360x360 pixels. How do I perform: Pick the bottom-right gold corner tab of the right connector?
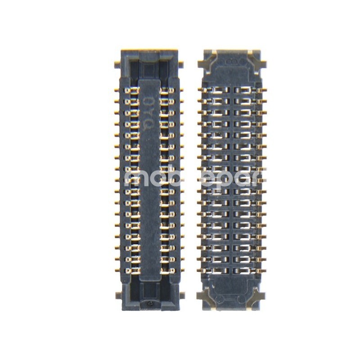point(259,297)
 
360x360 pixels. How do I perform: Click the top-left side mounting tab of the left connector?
point(117,64)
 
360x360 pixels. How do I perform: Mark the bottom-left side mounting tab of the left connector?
point(118,295)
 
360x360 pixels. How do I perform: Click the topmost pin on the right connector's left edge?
point(201,90)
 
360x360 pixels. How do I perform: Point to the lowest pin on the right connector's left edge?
point(201,269)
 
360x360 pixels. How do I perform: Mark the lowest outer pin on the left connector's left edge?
point(118,270)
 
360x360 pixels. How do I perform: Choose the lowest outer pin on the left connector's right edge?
point(181,270)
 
